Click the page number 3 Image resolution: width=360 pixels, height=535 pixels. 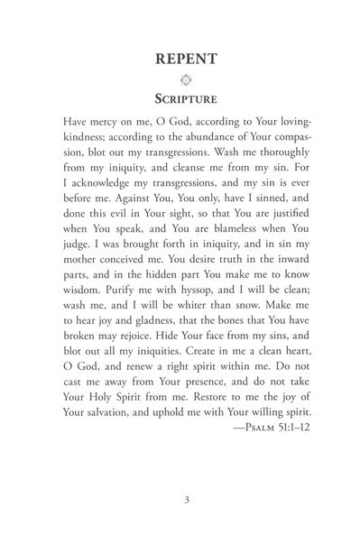180,495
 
